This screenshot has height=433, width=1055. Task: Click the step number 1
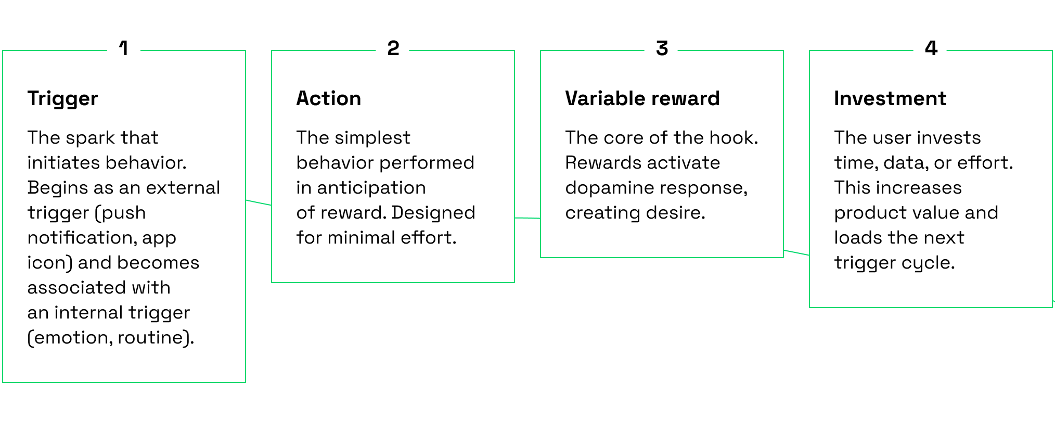124,48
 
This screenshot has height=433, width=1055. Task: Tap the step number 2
393,48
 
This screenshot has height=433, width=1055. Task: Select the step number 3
662,48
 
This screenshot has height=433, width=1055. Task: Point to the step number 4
931,48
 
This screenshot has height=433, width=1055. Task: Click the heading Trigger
62,99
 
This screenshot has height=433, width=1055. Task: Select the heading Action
329,98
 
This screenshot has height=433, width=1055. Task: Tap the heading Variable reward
642,98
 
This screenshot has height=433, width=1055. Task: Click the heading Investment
890,98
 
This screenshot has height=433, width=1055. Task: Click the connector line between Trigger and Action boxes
259,202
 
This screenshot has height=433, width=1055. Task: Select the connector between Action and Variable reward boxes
527,218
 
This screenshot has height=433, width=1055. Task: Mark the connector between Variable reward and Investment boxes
796,252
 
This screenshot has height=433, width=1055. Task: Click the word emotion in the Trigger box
70,338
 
